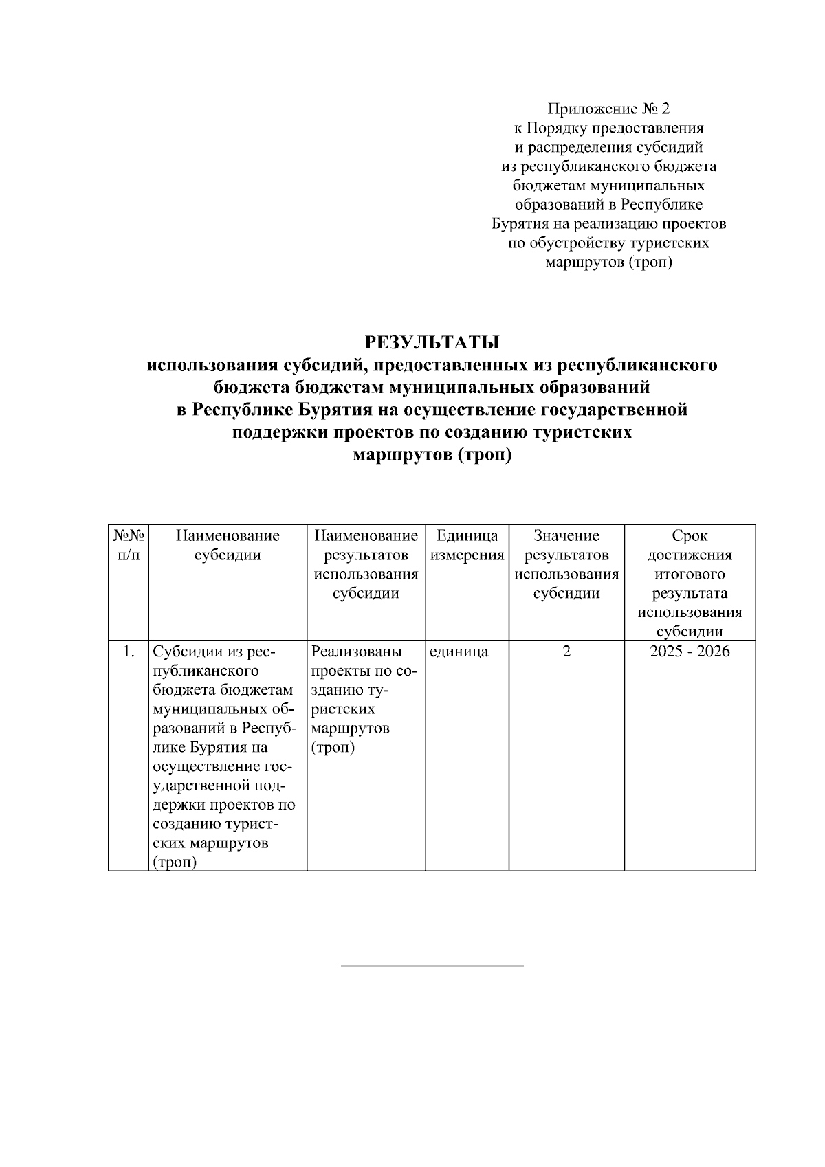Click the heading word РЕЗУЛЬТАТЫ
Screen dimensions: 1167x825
point(432,342)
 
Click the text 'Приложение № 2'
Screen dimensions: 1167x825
point(608,109)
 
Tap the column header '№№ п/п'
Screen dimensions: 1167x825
point(129,545)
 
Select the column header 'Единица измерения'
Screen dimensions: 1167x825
point(467,545)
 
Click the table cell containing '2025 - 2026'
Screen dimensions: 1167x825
point(690,652)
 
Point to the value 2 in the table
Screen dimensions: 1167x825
point(566,652)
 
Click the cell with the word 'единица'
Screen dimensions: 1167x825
point(459,652)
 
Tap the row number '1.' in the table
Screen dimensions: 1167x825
point(129,652)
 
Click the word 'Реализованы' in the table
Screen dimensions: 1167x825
point(356,652)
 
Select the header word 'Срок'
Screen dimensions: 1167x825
point(690,536)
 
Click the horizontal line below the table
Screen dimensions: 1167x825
point(432,966)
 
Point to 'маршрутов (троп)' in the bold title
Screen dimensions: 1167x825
point(432,455)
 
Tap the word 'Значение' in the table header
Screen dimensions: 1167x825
point(566,536)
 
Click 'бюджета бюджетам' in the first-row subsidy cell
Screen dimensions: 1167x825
point(223,690)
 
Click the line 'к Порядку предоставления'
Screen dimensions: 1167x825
point(608,128)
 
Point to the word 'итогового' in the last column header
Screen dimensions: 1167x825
point(690,574)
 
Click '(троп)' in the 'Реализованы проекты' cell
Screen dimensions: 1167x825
point(333,748)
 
